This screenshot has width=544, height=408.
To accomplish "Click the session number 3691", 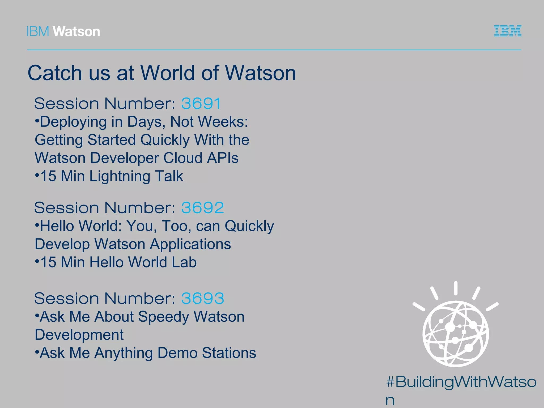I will (x=201, y=103).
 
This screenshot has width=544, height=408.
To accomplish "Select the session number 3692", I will (x=202, y=207).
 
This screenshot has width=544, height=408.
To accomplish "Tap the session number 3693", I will (x=202, y=298).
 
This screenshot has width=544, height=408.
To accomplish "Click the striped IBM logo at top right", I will (x=508, y=31).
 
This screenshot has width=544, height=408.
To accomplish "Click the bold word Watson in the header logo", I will (x=76, y=32).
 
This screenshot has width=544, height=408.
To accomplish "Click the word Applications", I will (x=190, y=244).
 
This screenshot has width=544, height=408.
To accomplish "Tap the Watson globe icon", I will (x=456, y=334).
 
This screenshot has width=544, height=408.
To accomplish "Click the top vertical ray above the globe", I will (x=456, y=288).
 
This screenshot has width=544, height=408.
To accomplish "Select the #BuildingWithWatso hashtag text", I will (x=461, y=382).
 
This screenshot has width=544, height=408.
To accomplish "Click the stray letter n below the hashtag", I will (x=390, y=400).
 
